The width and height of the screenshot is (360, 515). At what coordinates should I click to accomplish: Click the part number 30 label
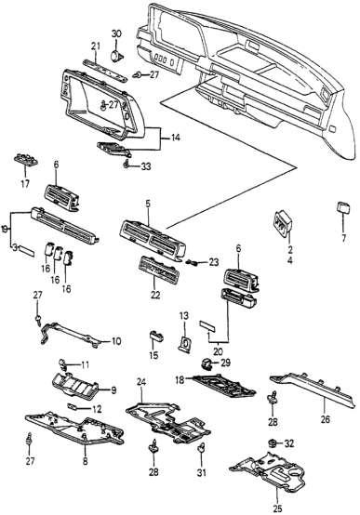click(x=116, y=33)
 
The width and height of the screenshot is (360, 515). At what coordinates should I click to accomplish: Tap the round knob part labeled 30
click(x=116, y=56)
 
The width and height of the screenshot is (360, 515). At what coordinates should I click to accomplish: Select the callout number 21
click(x=95, y=46)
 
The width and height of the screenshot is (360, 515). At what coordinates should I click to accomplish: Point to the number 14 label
click(x=175, y=138)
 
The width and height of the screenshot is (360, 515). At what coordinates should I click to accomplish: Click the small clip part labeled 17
click(x=26, y=160)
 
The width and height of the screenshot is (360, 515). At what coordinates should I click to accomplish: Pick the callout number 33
click(x=146, y=166)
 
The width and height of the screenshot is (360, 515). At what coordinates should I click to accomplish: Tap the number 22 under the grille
click(x=154, y=295)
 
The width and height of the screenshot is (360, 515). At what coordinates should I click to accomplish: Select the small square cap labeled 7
click(x=343, y=208)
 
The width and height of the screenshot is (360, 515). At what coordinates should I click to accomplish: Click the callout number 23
click(x=214, y=262)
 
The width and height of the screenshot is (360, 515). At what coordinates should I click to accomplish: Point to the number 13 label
click(x=184, y=316)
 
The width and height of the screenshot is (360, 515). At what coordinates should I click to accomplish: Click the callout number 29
click(x=225, y=363)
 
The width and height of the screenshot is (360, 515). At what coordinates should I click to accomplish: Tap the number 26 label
click(x=326, y=419)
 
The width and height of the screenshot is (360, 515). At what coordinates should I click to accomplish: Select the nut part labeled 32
click(x=273, y=444)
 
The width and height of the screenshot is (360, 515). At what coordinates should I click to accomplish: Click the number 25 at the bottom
click(x=278, y=508)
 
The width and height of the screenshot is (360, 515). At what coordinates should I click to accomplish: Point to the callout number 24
click(x=141, y=382)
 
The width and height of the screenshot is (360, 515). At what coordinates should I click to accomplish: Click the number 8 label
click(x=86, y=461)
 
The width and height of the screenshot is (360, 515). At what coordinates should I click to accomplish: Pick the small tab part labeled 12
click(x=72, y=407)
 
